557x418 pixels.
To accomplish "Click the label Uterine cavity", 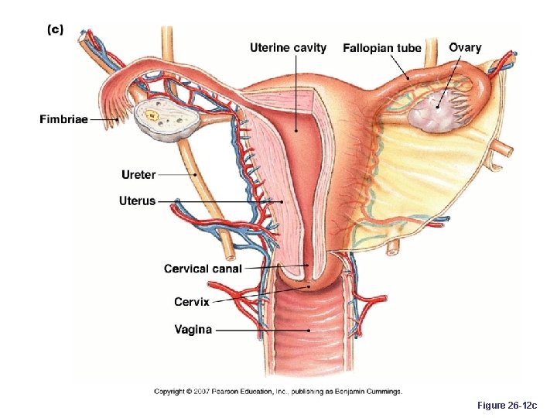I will coord(288,48).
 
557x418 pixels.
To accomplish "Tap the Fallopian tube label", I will coord(382,48).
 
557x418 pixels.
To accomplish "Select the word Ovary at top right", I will coord(465,48).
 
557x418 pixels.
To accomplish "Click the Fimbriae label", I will coord(63,119).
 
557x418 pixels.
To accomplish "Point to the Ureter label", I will coord(138,175).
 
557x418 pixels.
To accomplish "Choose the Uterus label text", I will coord(137,201).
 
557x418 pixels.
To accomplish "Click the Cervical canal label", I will coord(203,269).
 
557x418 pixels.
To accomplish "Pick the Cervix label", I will coord(191,302).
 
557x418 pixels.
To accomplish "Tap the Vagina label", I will coord(193,330).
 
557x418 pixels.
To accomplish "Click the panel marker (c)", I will coord(56,29).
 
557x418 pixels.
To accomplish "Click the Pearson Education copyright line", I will coord(278,391).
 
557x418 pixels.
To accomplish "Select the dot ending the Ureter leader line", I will coord(196,175).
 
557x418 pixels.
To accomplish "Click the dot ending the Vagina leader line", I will coord(309,331).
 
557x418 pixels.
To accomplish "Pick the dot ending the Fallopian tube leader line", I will coord(408,79).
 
